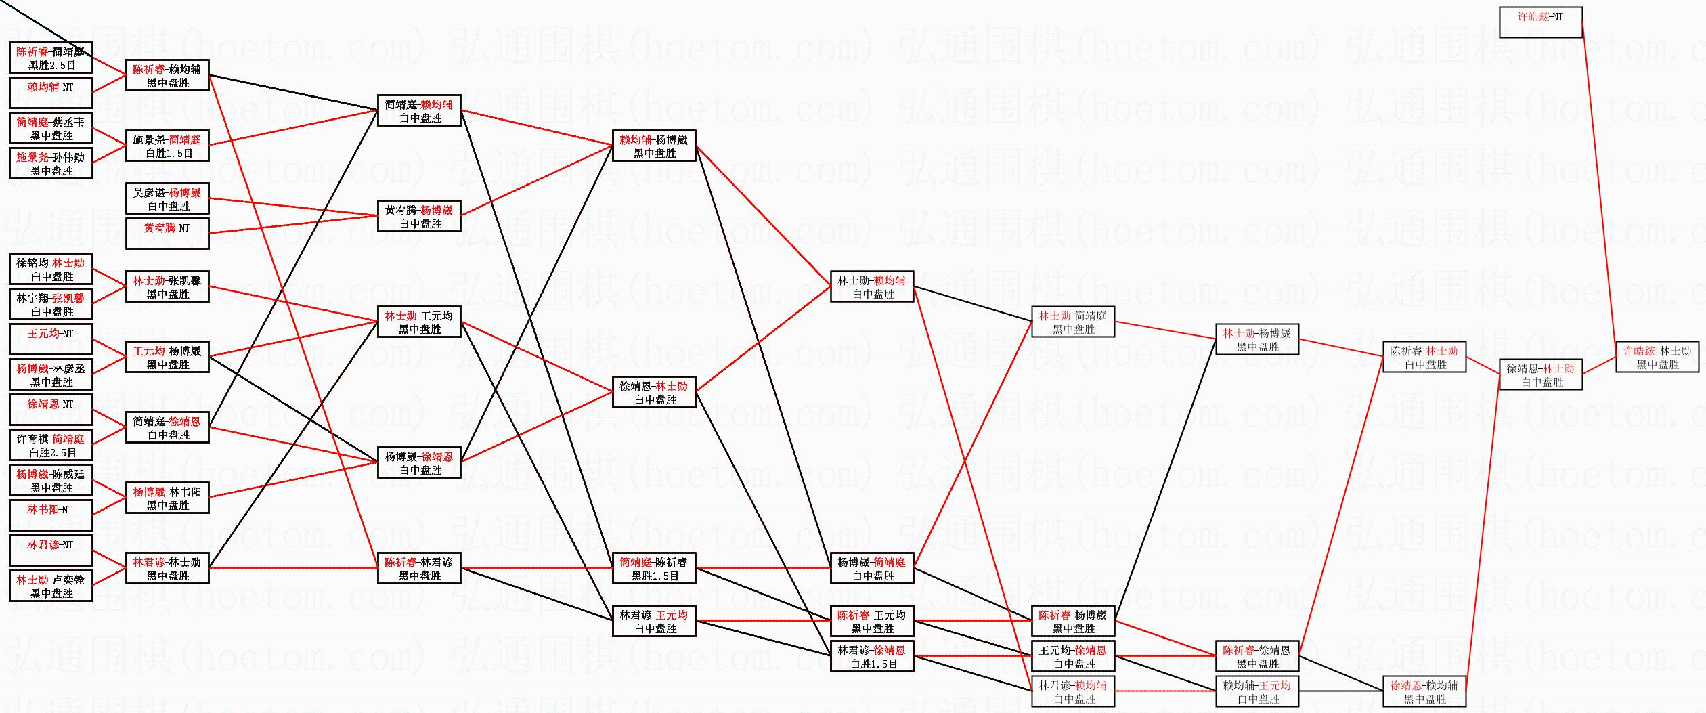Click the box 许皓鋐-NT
tap(1540, 22)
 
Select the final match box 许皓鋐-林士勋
tap(1657, 357)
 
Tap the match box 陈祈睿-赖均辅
tap(167, 75)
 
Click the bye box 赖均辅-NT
tap(51, 93)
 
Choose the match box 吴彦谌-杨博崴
tap(167, 198)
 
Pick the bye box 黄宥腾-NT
tap(167, 234)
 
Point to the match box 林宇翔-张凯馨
tap(51, 304)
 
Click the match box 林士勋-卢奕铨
tap(51, 586)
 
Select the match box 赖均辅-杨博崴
tap(654, 146)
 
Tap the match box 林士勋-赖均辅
tap(872, 286)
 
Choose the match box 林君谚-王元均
tap(654, 621)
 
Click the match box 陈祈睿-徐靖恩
tap(1257, 656)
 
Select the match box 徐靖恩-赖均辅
tap(1424, 691)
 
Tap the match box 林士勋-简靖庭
tap(1073, 322)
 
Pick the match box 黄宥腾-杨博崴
tap(419, 216)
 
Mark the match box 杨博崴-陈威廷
tap(51, 480)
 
